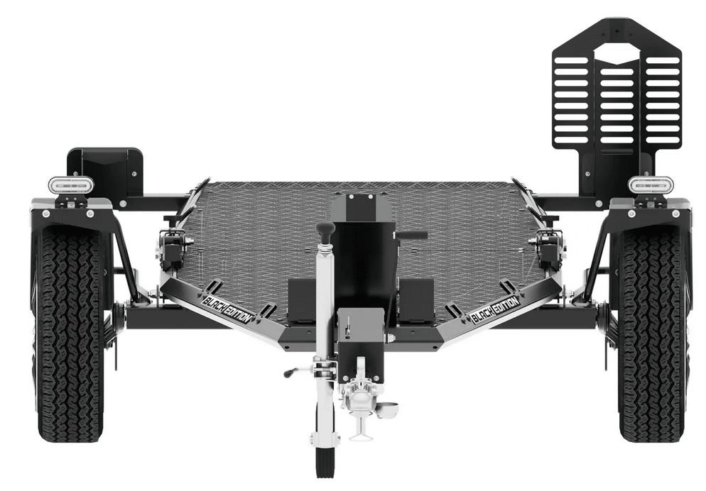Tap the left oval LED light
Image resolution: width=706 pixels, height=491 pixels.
pos(71,184)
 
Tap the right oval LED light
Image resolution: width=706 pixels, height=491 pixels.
pos(651,184)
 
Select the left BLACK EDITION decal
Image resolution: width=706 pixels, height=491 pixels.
pos(227,310)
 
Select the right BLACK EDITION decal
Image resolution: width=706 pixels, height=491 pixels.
pos(495,310)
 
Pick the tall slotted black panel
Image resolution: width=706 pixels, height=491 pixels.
pos(617,90)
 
